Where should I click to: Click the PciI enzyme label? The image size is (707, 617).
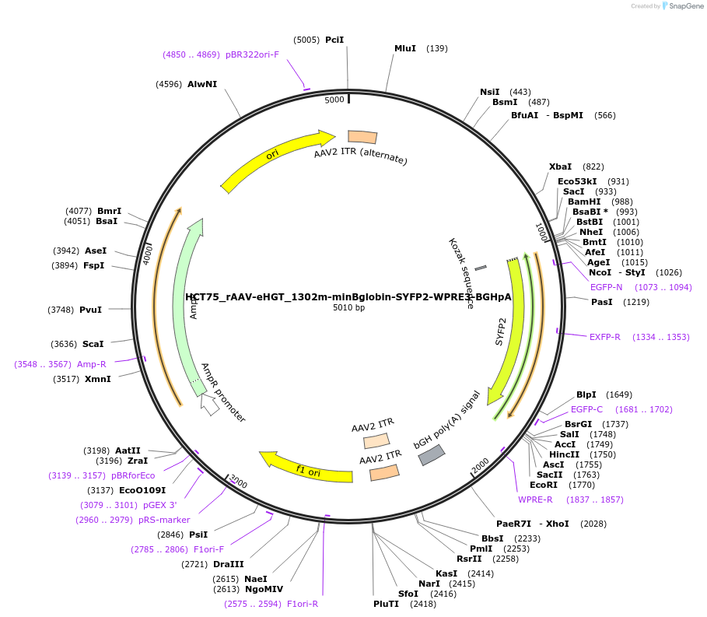[334, 40]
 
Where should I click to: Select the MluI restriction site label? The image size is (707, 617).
[405, 48]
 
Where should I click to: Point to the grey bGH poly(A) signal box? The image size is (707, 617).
[432, 455]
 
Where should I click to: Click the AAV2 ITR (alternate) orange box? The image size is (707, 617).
[362, 137]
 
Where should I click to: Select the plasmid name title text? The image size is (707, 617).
[348, 296]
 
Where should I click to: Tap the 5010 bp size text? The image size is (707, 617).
[348, 307]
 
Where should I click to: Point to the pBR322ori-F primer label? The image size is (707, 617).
[252, 54]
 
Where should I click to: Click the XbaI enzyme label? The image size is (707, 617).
[560, 167]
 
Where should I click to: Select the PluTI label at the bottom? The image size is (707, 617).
[386, 603]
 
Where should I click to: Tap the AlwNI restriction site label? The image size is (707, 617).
[202, 84]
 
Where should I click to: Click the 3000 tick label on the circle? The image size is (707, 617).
[238, 483]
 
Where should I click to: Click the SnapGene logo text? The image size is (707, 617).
[684, 6]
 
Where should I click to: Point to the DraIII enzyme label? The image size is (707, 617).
[228, 563]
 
